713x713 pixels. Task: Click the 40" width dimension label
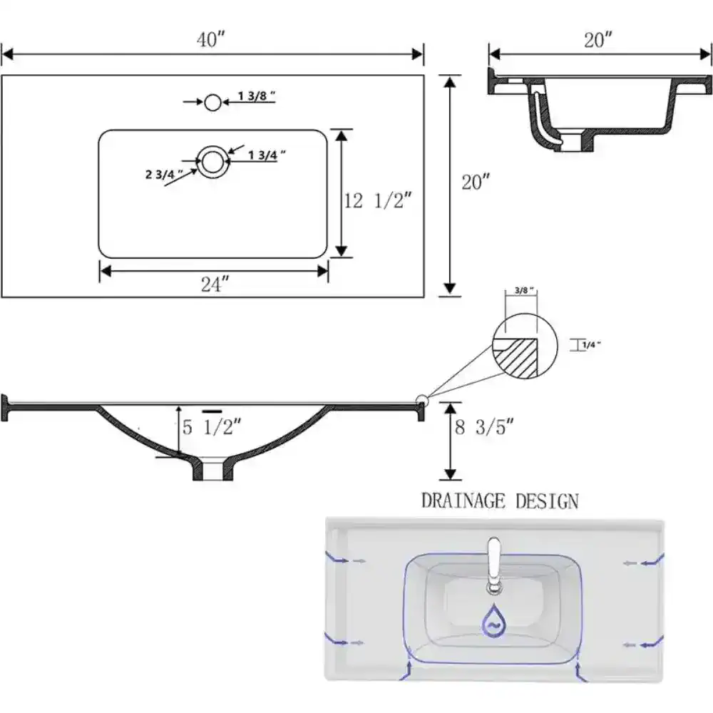pos(211,40)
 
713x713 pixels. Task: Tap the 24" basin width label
pos(213,284)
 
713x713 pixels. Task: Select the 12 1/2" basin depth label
pos(379,201)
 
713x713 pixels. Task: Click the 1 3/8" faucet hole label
pos(256,97)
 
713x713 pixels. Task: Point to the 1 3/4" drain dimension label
pos(267,153)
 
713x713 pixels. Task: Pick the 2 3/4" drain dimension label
pos(164,173)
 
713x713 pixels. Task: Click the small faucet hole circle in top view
pos(212,102)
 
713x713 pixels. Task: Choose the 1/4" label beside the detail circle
pos(591,344)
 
